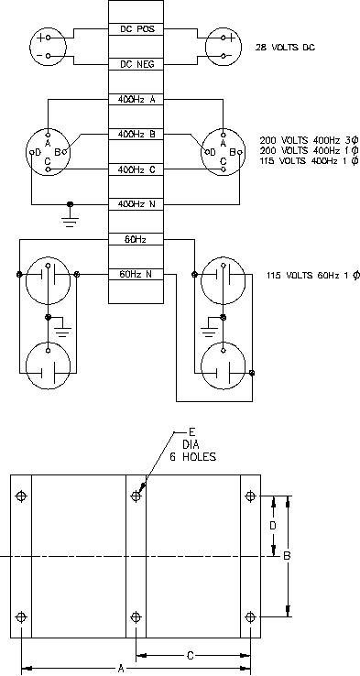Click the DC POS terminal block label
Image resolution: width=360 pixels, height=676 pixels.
point(136,29)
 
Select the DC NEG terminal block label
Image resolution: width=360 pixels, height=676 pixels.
point(136,65)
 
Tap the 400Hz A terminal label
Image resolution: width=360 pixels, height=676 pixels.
point(136,100)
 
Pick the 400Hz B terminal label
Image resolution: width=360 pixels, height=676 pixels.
point(136,135)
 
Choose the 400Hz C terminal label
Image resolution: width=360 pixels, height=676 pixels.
point(136,169)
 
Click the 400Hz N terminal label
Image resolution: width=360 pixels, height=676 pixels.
point(136,204)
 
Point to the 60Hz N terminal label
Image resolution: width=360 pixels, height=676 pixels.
point(136,274)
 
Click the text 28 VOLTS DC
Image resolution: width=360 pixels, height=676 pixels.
point(285,48)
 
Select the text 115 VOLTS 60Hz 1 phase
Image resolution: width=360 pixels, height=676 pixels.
point(313,276)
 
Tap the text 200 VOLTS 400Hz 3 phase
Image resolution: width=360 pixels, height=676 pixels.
point(309,140)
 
